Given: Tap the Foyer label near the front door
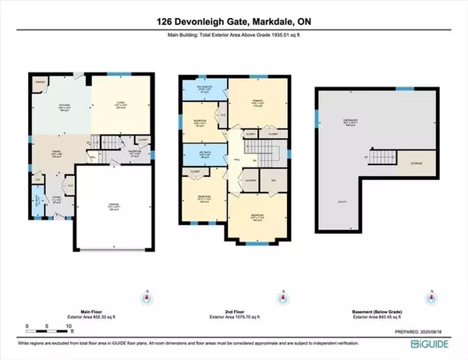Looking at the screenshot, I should tap(56, 199).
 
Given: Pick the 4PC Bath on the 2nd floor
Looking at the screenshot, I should tap(206, 153).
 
